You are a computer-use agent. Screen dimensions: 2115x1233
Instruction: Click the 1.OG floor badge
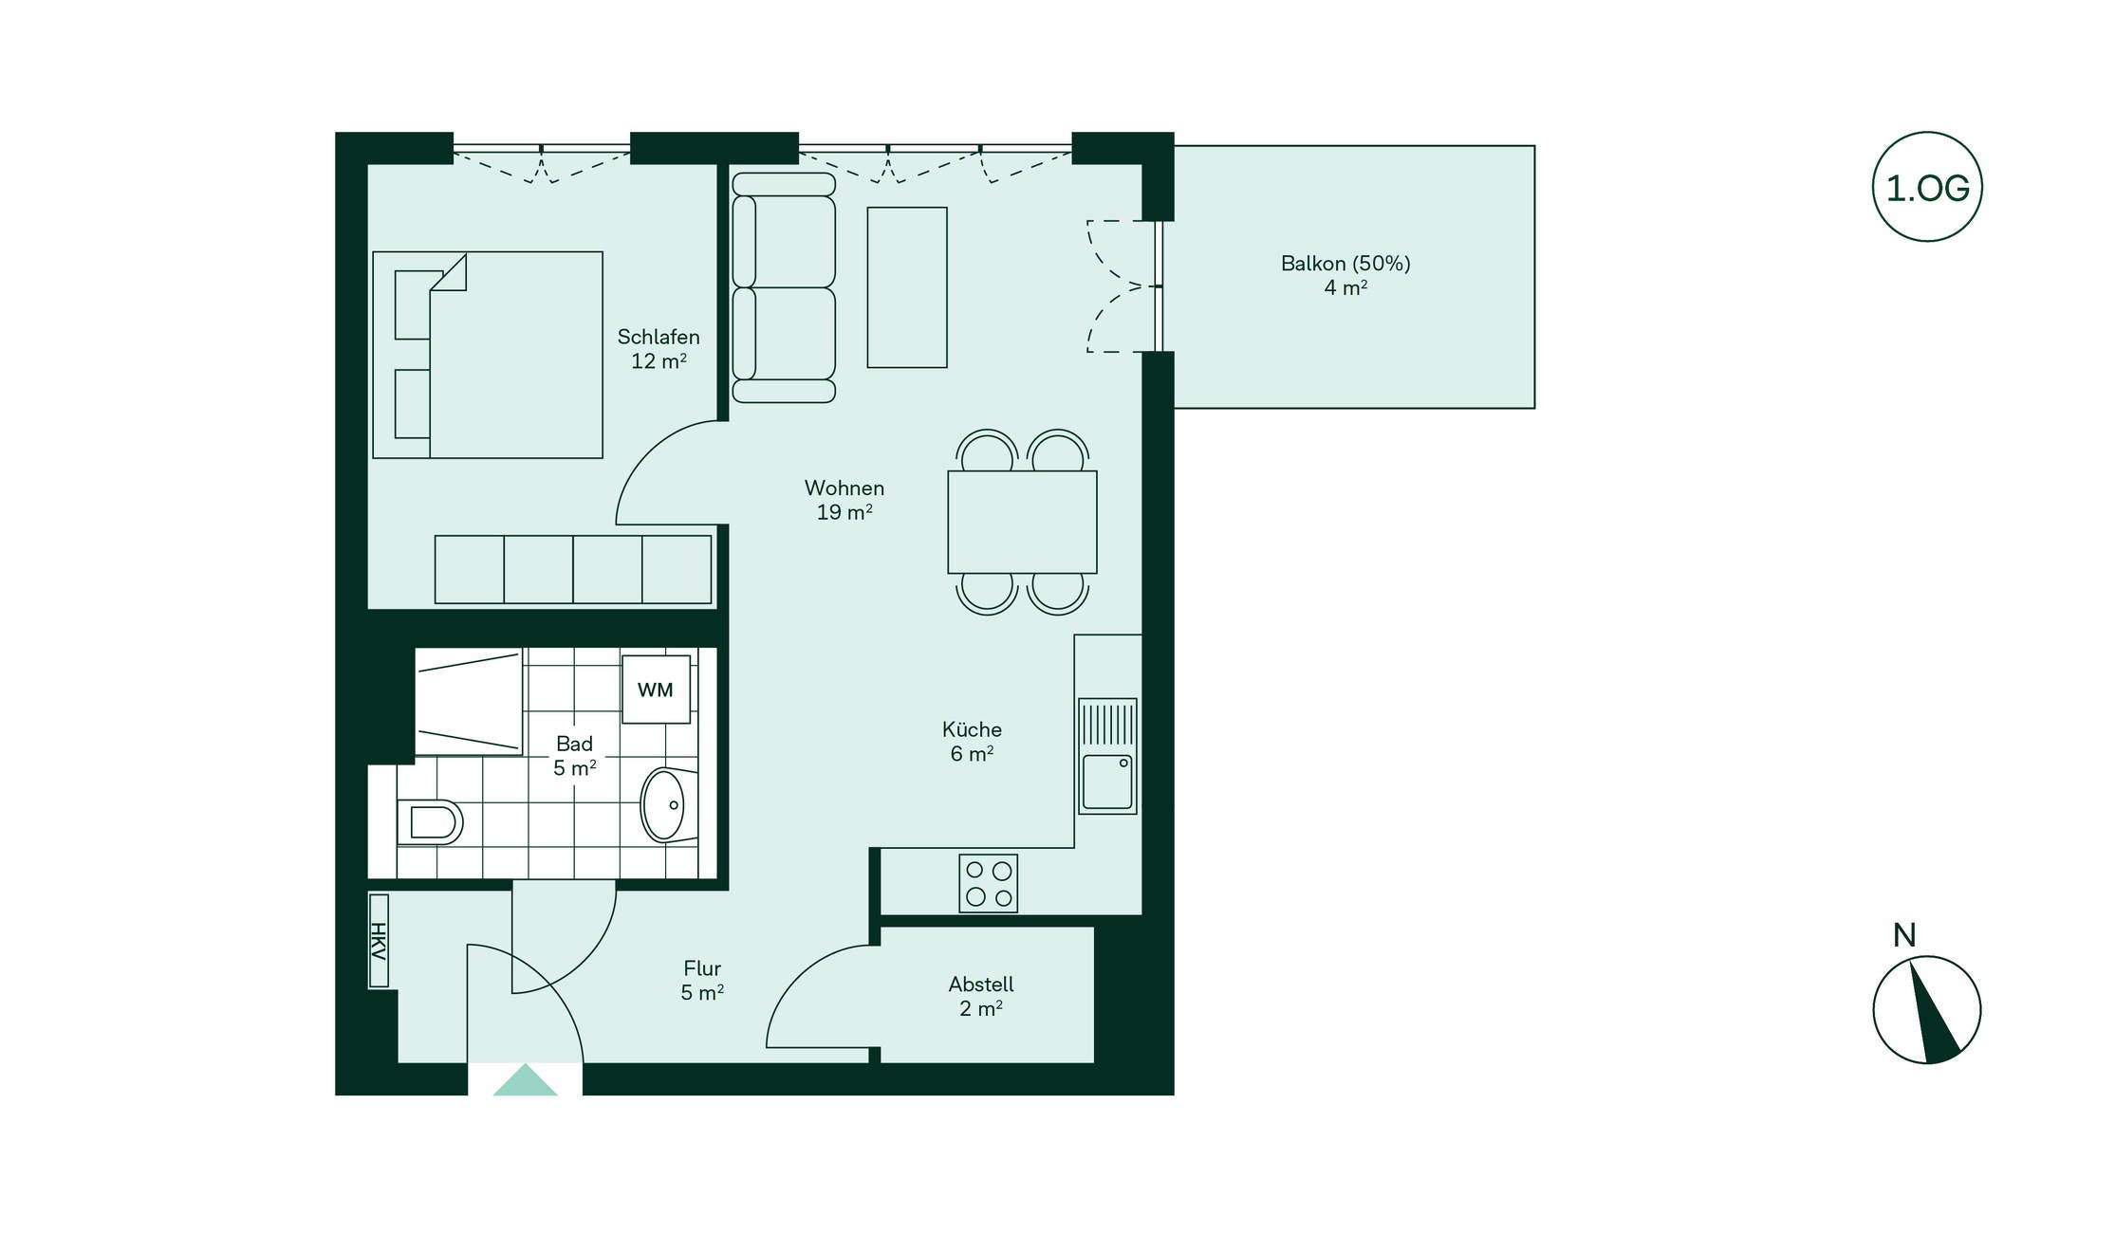point(1926,187)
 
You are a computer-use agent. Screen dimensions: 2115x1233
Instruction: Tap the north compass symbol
point(1926,1009)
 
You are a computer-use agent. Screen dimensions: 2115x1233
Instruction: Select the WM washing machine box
point(656,690)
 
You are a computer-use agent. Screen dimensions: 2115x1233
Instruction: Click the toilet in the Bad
point(430,821)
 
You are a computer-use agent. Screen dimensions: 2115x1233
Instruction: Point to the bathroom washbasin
point(669,805)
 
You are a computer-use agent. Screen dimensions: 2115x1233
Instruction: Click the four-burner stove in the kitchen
point(988,883)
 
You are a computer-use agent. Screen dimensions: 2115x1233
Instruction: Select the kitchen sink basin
point(1107,782)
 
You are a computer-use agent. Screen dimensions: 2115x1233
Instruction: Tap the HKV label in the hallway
point(379,940)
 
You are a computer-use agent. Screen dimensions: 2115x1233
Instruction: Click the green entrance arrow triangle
point(525,1079)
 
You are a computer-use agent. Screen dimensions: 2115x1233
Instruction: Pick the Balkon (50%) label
point(1345,264)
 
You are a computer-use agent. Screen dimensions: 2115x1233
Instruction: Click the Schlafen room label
point(659,337)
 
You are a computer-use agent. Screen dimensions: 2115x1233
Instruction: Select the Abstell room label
point(981,985)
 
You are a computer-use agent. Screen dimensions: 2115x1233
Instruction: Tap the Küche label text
point(972,729)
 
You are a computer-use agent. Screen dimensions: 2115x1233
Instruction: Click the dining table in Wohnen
point(1022,522)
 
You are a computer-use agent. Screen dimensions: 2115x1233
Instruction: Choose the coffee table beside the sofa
point(907,287)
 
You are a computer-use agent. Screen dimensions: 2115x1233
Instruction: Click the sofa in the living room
point(784,287)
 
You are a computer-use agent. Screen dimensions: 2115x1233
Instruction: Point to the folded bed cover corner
point(450,273)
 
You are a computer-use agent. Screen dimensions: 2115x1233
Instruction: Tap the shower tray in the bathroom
point(469,702)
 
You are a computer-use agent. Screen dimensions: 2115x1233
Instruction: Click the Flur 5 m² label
point(702,981)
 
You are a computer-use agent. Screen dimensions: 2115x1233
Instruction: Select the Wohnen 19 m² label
point(844,500)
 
